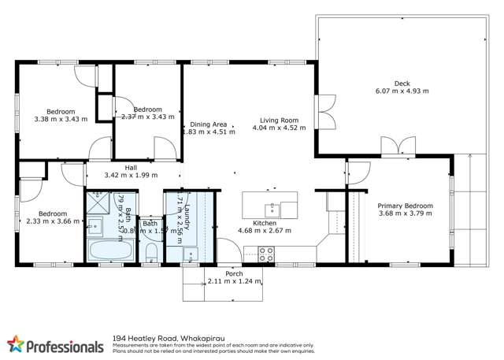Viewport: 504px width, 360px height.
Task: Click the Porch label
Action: coord(234,275)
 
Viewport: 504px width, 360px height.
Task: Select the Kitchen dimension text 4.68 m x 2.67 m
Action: coord(265,231)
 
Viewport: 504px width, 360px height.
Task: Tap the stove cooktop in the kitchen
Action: coord(265,254)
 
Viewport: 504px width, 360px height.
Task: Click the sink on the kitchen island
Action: coord(272,209)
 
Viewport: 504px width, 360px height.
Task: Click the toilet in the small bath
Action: coord(150,252)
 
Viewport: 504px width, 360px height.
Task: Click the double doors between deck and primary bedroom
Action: coord(398,147)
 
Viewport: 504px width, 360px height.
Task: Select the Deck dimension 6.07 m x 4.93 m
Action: coord(402,91)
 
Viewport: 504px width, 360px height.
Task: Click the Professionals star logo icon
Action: coord(15,343)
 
